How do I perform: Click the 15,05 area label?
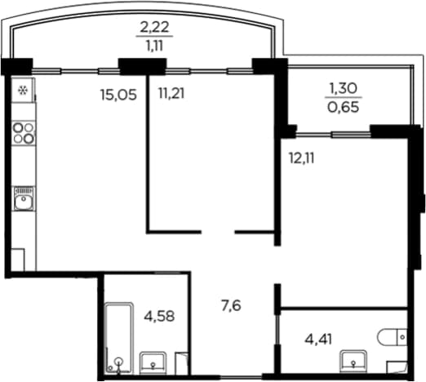pos(118,95)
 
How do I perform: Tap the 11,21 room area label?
pos(171,93)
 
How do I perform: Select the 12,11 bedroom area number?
pos(301,158)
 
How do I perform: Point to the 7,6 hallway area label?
pos(231,305)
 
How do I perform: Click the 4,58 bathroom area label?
pos(159,316)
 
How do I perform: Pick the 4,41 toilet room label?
pos(318,340)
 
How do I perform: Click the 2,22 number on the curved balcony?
pos(154,27)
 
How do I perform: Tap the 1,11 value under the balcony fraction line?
pos(154,45)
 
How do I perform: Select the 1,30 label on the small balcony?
pos(344,88)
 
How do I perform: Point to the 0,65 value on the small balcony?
pos(344,107)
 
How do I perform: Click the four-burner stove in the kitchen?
pos(24,133)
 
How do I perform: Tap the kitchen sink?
pos(24,198)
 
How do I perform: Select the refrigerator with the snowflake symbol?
pos(23,90)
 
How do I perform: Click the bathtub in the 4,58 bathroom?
pos(119,338)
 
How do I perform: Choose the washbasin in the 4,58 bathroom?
pos(153,362)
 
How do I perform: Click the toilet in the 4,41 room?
pos(392,337)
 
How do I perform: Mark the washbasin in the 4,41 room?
pos(353,361)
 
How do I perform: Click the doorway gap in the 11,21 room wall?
pos(218,232)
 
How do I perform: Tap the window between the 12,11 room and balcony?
pos(333,134)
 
